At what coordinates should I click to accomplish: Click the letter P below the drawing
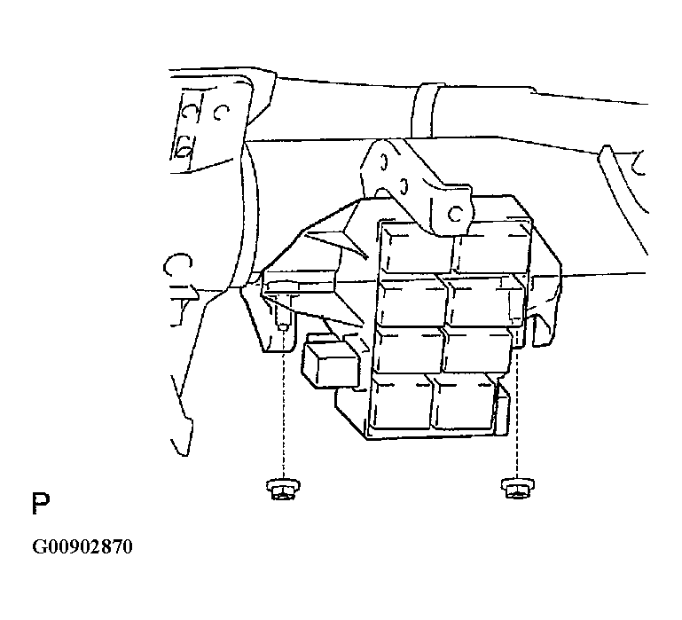tap(41, 504)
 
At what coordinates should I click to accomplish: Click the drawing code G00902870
tap(82, 546)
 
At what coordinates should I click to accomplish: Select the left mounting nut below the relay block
tap(283, 489)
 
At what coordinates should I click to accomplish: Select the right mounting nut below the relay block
tap(518, 487)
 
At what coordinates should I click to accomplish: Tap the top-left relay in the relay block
tap(417, 250)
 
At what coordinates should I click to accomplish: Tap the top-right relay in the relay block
tap(492, 248)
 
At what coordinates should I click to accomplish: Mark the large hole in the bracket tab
tap(455, 214)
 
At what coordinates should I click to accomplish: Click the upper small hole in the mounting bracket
tap(383, 162)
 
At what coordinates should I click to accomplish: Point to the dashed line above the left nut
tap(283, 404)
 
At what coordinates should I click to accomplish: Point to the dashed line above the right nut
tap(517, 412)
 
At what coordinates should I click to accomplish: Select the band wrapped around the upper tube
tap(423, 111)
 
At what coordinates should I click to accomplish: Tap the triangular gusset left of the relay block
tap(340, 240)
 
